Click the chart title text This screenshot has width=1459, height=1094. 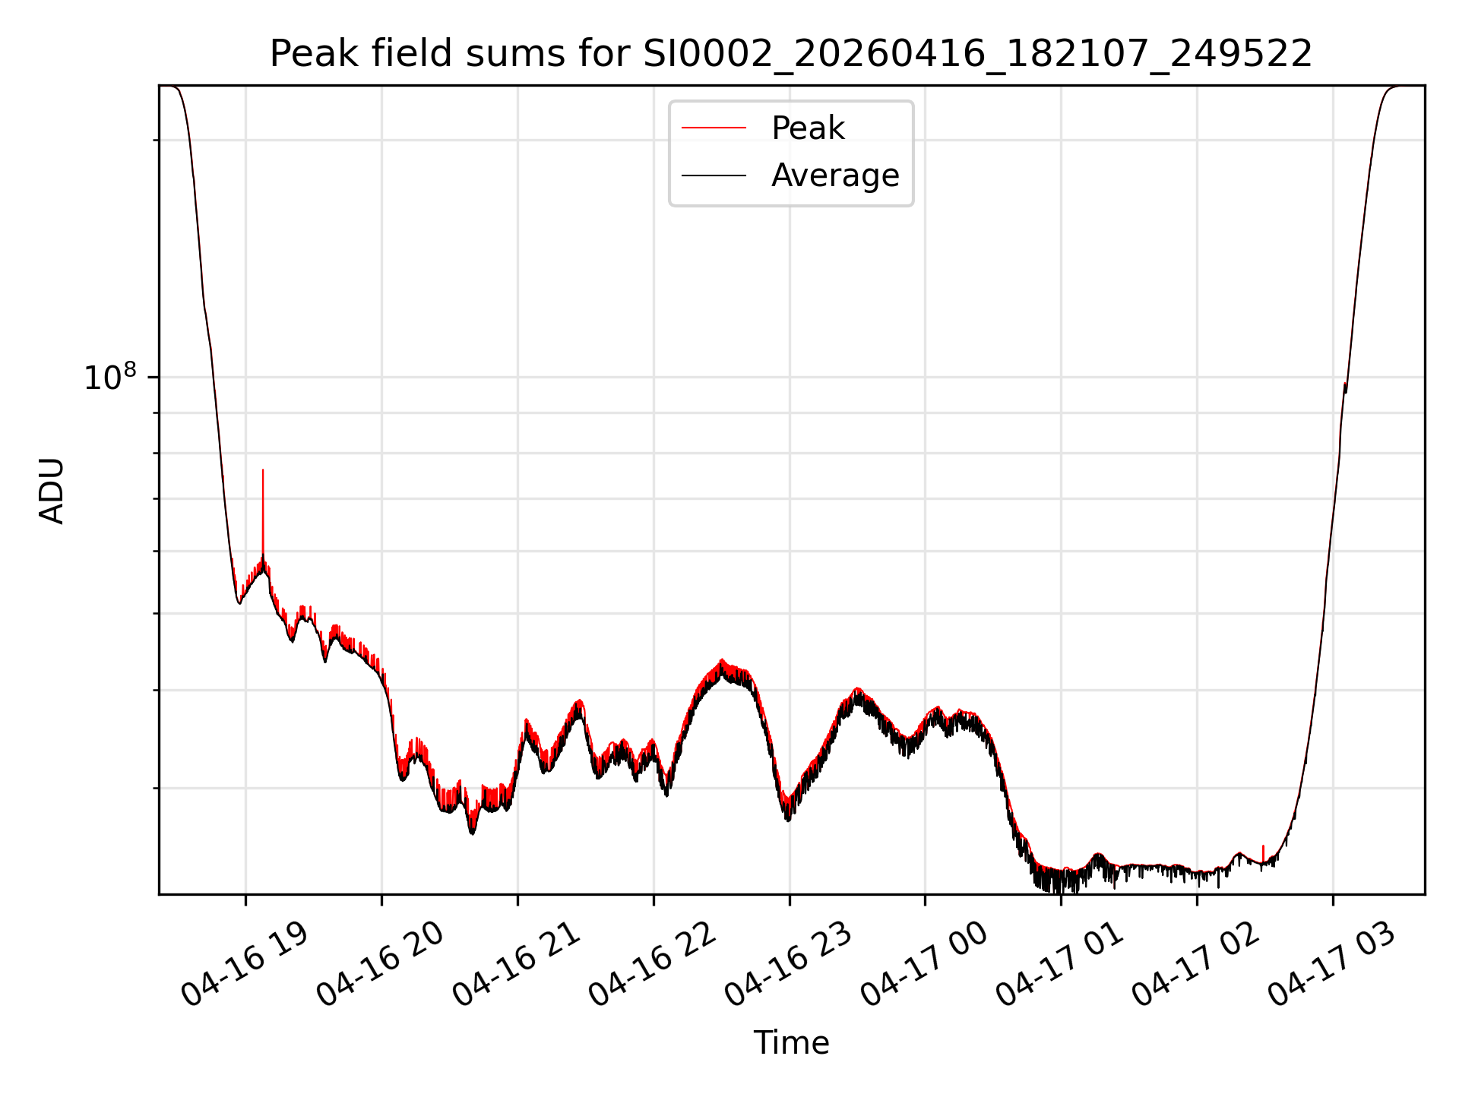pos(791,54)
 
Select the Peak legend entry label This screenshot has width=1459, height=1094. pos(808,128)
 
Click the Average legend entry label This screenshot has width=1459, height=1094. pos(835,175)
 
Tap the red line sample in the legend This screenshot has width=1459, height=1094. pos(714,128)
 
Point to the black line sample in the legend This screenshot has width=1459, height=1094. pos(714,175)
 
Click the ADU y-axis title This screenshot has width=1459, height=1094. pos(52,490)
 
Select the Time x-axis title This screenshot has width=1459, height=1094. pos(791,1043)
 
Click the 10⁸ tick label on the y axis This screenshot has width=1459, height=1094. pos(110,377)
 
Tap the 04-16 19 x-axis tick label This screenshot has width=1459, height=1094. pos(245,965)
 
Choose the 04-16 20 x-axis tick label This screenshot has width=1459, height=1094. pos(381,965)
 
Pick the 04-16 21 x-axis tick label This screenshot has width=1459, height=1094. pos(517,965)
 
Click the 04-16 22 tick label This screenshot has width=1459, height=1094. pos(653,965)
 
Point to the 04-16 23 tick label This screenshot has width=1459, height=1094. pos(789,965)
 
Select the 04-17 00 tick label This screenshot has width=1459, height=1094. pos(924,965)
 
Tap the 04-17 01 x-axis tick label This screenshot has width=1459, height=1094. pos(1060,965)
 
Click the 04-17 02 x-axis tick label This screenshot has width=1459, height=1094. pos(1196,965)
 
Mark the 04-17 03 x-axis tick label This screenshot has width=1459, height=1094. pos(1332,965)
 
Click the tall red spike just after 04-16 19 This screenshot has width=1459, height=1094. pos(263,517)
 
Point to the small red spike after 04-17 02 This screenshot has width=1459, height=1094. pos(1263,854)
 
